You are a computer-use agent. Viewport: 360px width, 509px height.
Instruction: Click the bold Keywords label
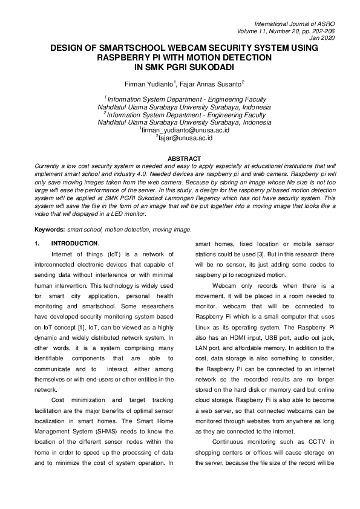tap(50, 230)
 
